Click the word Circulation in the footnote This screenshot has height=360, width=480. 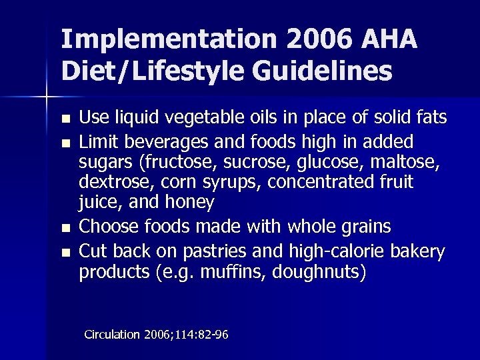pyautogui.click(x=111, y=335)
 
